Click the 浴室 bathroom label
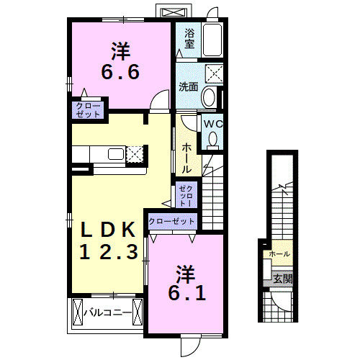click(x=189, y=37)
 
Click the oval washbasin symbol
click(x=209, y=96)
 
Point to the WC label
click(x=212, y=124)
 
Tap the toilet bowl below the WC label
click(x=212, y=142)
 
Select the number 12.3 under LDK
click(x=108, y=252)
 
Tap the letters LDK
click(x=108, y=230)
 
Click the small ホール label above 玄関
click(x=279, y=254)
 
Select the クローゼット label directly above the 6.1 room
click(x=171, y=222)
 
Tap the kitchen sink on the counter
click(x=116, y=153)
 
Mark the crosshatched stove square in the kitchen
click(x=136, y=153)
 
